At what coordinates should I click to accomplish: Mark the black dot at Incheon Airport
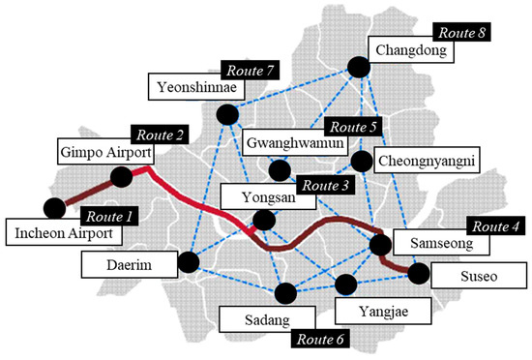pos(54,206)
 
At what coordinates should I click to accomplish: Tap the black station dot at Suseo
pos(418,274)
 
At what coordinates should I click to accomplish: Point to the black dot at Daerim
pos(189,261)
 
